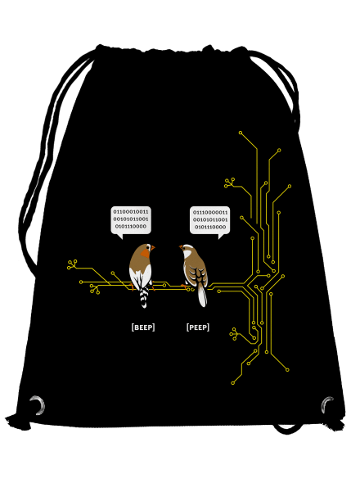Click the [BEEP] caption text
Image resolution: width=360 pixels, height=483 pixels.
[x=143, y=327]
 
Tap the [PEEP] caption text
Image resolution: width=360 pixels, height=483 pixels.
[x=198, y=327]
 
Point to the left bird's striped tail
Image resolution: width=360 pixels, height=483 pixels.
[x=144, y=297]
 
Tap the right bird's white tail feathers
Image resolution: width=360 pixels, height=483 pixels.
[x=202, y=296]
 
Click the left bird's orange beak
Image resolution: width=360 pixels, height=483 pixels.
[x=152, y=247]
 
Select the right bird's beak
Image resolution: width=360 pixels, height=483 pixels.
[x=181, y=246]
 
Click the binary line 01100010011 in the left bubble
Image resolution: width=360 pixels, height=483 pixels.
[x=131, y=212]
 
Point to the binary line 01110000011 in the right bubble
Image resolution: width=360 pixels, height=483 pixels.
[x=210, y=213]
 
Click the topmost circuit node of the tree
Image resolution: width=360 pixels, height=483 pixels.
[x=241, y=133]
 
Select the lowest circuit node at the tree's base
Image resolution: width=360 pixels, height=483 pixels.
[x=233, y=383]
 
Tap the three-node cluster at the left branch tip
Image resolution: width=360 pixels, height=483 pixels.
[x=72, y=264]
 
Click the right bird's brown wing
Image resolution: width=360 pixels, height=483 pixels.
[x=197, y=271]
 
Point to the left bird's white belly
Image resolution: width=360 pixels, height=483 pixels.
[x=141, y=278]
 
